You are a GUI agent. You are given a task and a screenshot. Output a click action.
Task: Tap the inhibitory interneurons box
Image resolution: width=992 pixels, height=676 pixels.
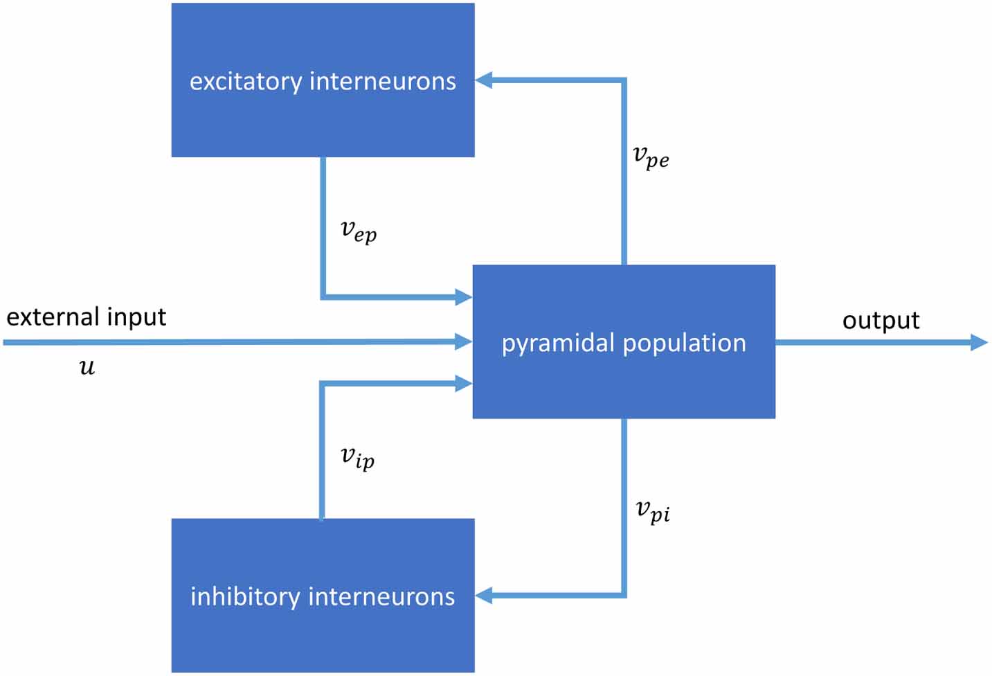coord(323,637)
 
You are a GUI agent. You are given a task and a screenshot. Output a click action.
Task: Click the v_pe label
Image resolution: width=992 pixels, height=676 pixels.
coord(651,157)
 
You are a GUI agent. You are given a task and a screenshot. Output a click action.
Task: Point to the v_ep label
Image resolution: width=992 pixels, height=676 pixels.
coord(359,231)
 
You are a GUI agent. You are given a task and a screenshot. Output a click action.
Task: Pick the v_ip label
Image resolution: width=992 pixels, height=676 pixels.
coord(358,457)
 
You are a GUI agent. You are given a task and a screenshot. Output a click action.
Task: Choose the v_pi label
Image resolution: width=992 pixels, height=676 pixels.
coord(653,511)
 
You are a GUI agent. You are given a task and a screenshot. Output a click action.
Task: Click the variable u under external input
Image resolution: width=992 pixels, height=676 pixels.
coord(87,366)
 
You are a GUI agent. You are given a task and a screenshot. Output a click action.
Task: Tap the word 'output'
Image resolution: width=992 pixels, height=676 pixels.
coord(881,321)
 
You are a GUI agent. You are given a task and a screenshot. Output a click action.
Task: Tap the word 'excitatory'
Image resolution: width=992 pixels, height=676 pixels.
coord(246,82)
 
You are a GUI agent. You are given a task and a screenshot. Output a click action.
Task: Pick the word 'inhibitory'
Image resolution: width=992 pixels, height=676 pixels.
coord(245,596)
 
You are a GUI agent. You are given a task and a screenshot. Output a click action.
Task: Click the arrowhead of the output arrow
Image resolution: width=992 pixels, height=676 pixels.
coord(979,342)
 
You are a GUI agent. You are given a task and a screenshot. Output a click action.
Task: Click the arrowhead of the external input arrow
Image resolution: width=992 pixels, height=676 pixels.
coord(463,341)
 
